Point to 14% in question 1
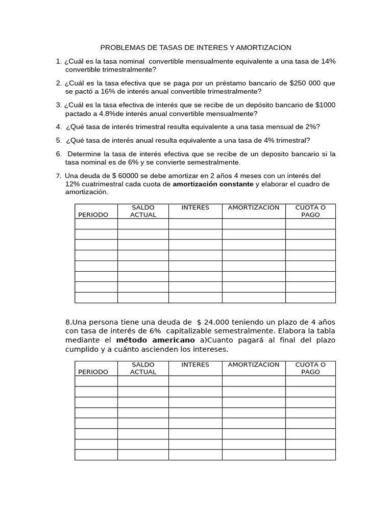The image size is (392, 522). click(328, 61)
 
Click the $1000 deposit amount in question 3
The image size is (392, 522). click(325, 105)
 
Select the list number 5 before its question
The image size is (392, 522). click(59, 140)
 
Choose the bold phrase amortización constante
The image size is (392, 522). click(213, 184)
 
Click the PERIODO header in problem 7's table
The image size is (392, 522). click(93, 215)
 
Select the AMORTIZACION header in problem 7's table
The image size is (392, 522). click(254, 207)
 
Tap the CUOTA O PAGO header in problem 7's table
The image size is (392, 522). click(310, 211)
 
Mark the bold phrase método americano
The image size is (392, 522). click(155, 340)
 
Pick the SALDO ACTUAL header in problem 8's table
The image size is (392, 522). click(143, 368)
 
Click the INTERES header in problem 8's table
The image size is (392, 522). click(195, 364)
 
